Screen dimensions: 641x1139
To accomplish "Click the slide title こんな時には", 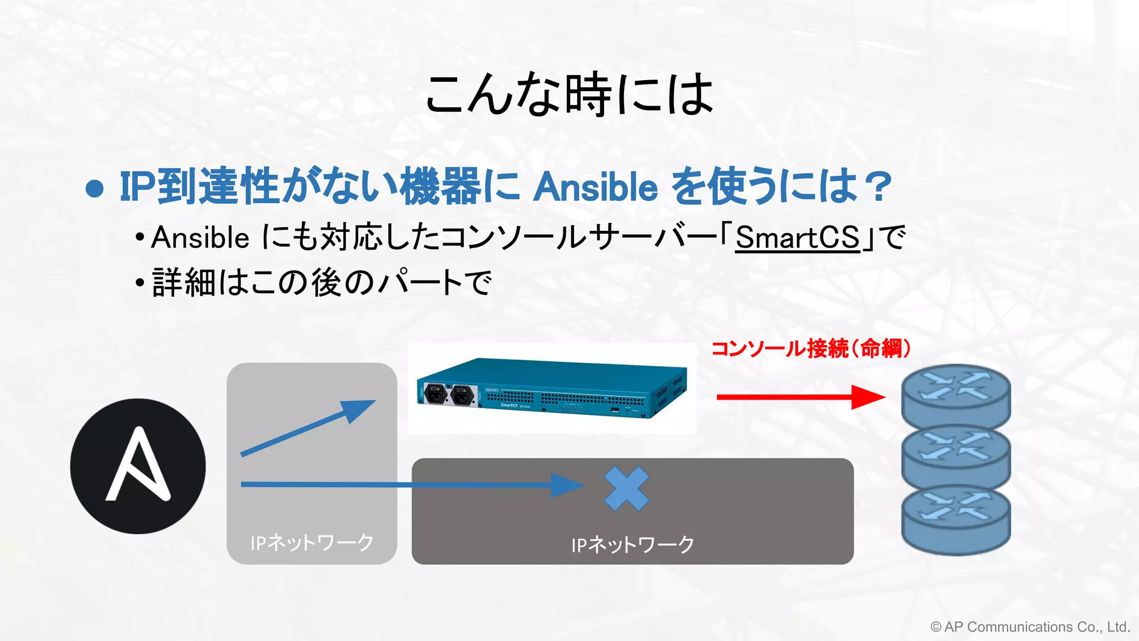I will tap(569, 94).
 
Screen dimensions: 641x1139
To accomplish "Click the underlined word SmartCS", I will tap(798, 238).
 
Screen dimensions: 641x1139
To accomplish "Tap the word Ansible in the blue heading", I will tap(596, 187).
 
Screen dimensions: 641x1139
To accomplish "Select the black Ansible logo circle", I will tap(138, 466).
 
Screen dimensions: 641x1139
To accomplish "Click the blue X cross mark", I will tap(626, 489).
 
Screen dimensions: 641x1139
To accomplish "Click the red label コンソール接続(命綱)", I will tap(811, 349).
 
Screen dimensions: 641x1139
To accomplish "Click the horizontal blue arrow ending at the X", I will tap(412, 485).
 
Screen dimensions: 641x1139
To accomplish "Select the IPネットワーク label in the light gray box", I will tap(312, 543).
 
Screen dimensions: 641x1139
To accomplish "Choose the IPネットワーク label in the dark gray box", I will tap(633, 544).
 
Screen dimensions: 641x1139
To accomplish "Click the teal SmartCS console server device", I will tap(552, 388).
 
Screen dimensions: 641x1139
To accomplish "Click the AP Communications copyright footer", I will tap(1030, 627).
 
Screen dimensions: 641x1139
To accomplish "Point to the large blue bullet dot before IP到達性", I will tap(95, 189).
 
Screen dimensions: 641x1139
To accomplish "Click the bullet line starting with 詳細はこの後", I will tap(321, 283).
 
